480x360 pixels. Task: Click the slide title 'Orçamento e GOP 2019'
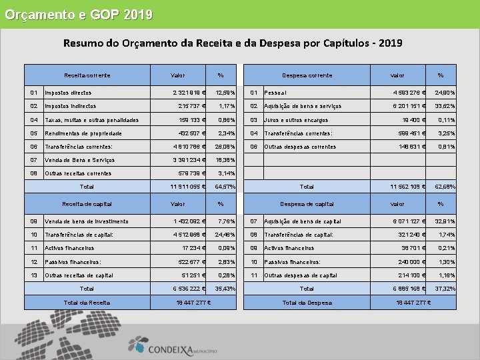click(79, 14)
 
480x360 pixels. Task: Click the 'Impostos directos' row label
click(68, 93)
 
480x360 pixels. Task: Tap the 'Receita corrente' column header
click(87, 75)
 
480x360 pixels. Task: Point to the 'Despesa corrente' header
click(307, 75)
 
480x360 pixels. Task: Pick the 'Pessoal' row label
click(275, 93)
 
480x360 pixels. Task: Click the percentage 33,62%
click(445, 106)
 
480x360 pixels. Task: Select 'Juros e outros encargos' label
click(296, 120)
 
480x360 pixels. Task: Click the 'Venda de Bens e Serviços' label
click(80, 160)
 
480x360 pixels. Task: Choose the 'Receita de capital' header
click(87, 204)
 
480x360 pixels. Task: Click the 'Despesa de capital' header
click(306, 204)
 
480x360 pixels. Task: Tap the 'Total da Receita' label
click(87, 303)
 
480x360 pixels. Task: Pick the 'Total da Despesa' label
click(307, 303)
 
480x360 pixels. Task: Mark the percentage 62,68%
click(445, 187)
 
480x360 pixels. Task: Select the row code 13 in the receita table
click(33, 275)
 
